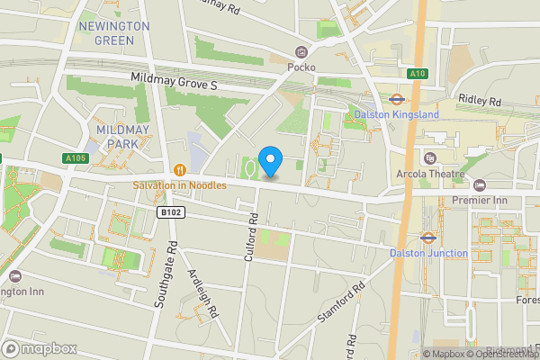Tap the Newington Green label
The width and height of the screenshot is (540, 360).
[x=113, y=33]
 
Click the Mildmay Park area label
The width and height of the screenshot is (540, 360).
[x=121, y=137]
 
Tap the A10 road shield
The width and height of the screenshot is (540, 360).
[x=416, y=74]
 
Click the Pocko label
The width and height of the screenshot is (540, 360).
[x=301, y=66]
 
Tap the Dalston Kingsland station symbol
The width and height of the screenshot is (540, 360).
[x=395, y=100]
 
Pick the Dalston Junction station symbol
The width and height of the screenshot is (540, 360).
[x=428, y=238]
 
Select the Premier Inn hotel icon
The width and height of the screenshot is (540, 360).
[x=479, y=184]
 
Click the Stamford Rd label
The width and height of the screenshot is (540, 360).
[x=341, y=302]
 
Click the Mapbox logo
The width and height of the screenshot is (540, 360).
[x=39, y=348]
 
